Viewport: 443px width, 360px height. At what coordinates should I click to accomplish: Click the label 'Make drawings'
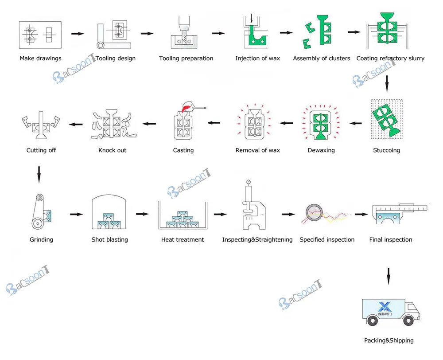(x=40, y=59)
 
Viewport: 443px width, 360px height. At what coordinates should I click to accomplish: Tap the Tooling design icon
(x=114, y=34)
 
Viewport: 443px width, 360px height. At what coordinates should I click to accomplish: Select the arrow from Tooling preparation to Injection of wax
(x=218, y=33)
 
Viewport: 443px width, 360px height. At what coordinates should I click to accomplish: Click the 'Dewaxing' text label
(x=321, y=150)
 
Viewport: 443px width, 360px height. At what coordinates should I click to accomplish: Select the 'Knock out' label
(x=112, y=150)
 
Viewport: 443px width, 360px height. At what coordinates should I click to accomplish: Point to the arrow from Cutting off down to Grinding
(x=39, y=174)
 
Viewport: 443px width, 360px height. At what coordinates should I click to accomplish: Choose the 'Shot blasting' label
(x=109, y=240)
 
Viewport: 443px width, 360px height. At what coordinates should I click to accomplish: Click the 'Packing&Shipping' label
(x=389, y=341)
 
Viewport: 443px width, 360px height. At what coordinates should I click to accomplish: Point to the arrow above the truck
(x=388, y=276)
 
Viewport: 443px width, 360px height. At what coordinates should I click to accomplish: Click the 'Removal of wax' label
(x=257, y=150)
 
